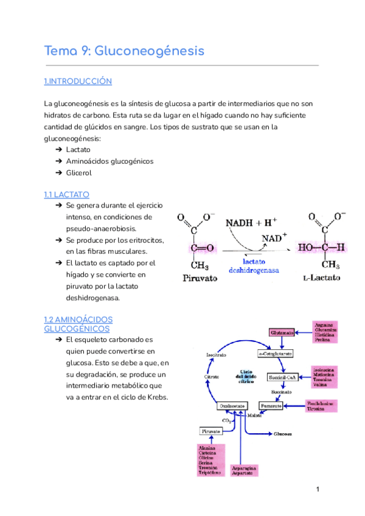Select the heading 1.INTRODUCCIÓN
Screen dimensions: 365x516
[78, 82]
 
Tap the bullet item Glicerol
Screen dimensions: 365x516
[79, 173]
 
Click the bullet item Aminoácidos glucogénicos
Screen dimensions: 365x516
[109, 161]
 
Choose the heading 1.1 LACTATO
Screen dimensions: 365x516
[67, 195]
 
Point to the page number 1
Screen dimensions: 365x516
[318, 490]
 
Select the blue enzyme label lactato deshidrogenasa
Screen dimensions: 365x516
[253, 265]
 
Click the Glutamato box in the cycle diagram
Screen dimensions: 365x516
[282, 333]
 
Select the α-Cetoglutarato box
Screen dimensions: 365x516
[276, 354]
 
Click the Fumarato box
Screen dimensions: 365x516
[272, 405]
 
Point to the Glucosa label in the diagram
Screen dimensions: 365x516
[282, 434]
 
